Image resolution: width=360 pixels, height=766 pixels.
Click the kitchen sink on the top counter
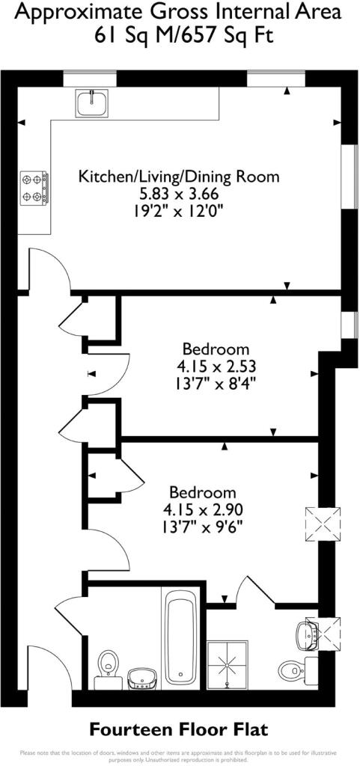(92, 103)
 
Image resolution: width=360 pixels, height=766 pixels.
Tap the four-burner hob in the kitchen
(34, 189)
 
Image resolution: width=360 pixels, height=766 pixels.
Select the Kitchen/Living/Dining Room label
(179, 177)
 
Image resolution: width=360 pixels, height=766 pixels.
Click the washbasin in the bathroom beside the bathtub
(141, 678)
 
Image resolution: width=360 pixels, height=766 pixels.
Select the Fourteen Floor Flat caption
(179, 729)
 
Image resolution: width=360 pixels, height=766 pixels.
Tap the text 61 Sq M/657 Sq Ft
(179, 35)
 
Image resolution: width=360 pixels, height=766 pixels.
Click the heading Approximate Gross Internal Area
(179, 13)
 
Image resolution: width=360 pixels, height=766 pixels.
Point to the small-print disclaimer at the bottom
(179, 755)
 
